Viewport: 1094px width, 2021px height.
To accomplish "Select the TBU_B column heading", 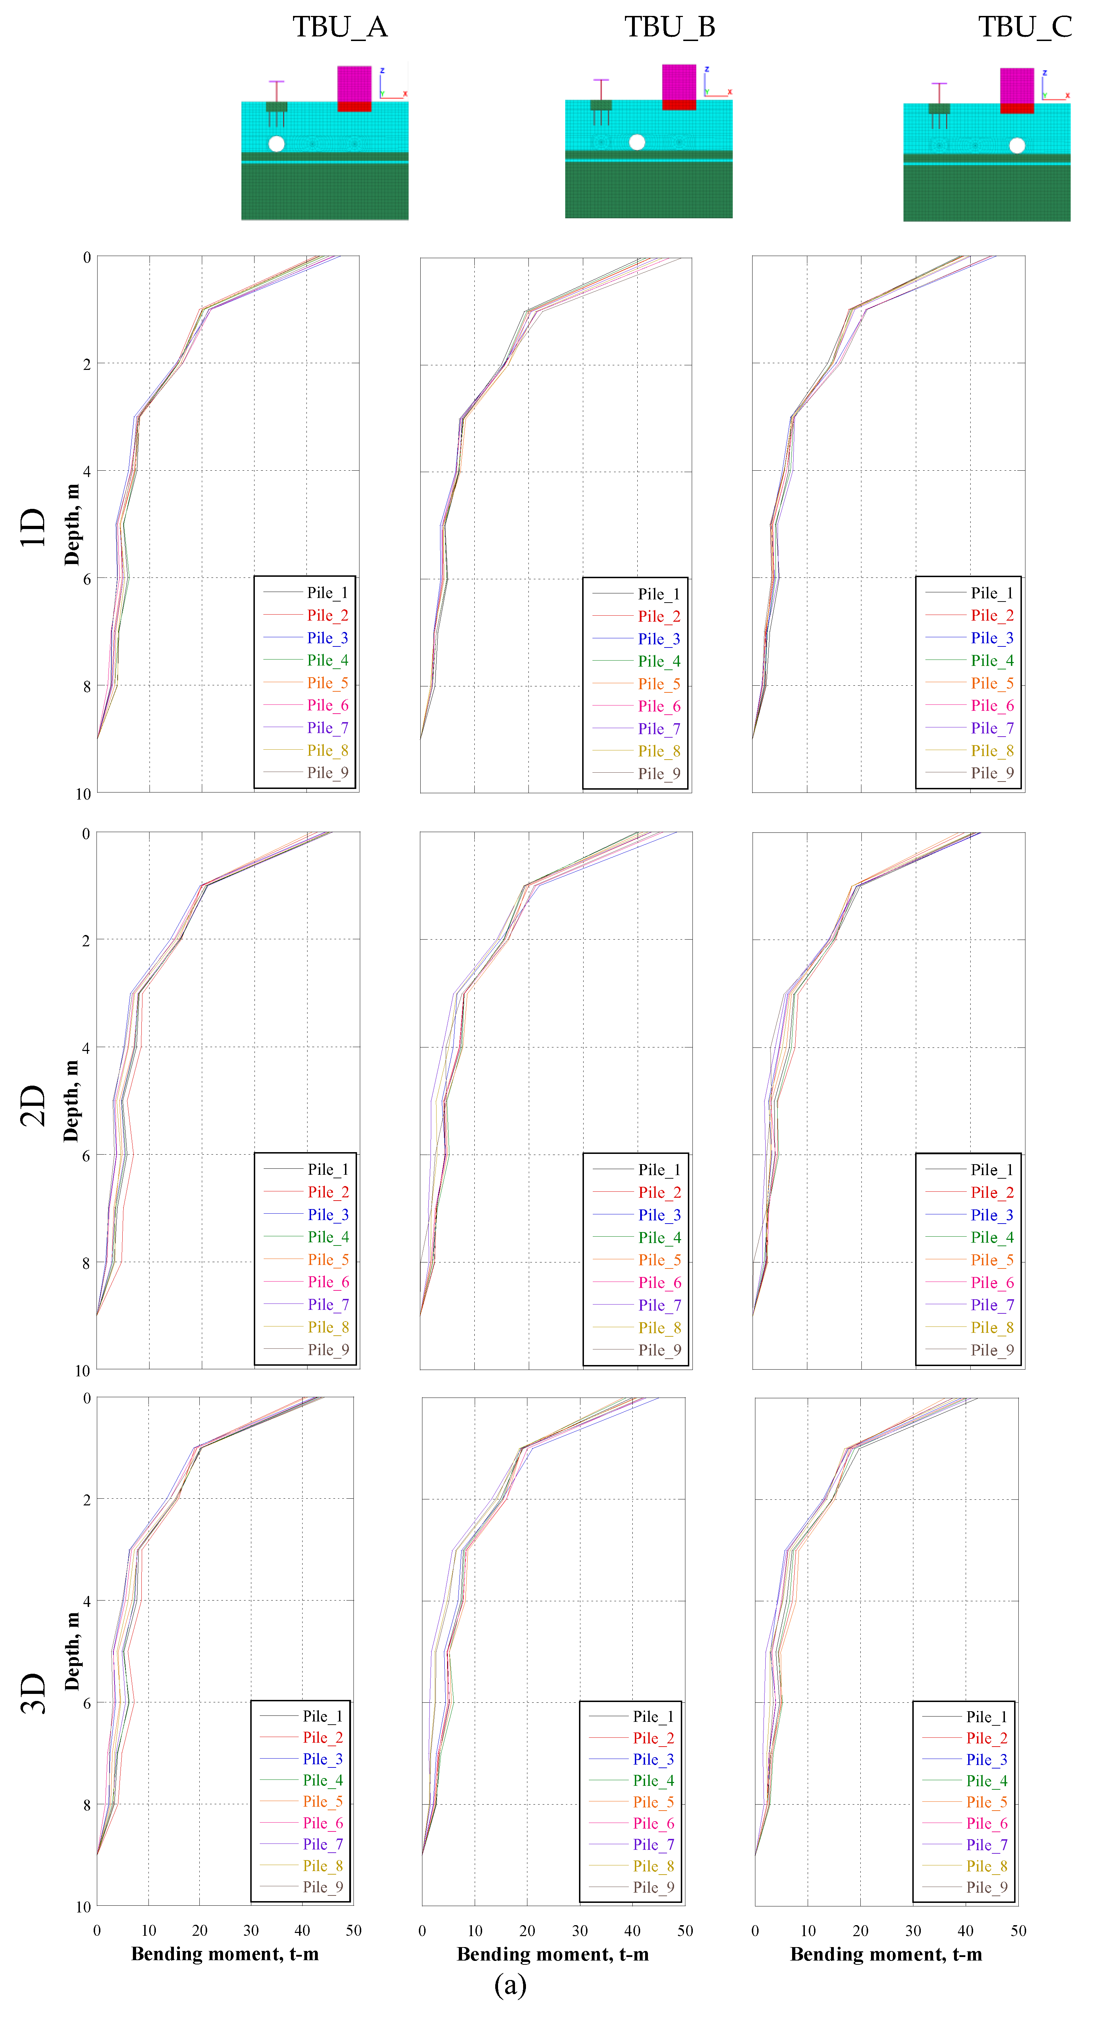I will point(670,28).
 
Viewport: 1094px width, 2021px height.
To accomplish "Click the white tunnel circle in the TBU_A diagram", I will point(276,144).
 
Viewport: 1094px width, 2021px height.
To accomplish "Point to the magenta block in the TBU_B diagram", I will point(678,82).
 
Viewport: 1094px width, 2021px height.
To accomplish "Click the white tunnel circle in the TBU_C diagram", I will point(1016,145).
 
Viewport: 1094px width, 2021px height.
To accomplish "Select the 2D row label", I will point(33,1105).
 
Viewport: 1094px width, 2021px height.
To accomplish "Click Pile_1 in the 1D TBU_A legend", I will point(327,592).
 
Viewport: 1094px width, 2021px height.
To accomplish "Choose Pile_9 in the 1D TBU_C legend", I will point(992,773).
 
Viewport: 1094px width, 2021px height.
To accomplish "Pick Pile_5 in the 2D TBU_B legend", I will point(659,1260).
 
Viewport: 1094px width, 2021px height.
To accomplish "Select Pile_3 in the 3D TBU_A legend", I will point(322,1759).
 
